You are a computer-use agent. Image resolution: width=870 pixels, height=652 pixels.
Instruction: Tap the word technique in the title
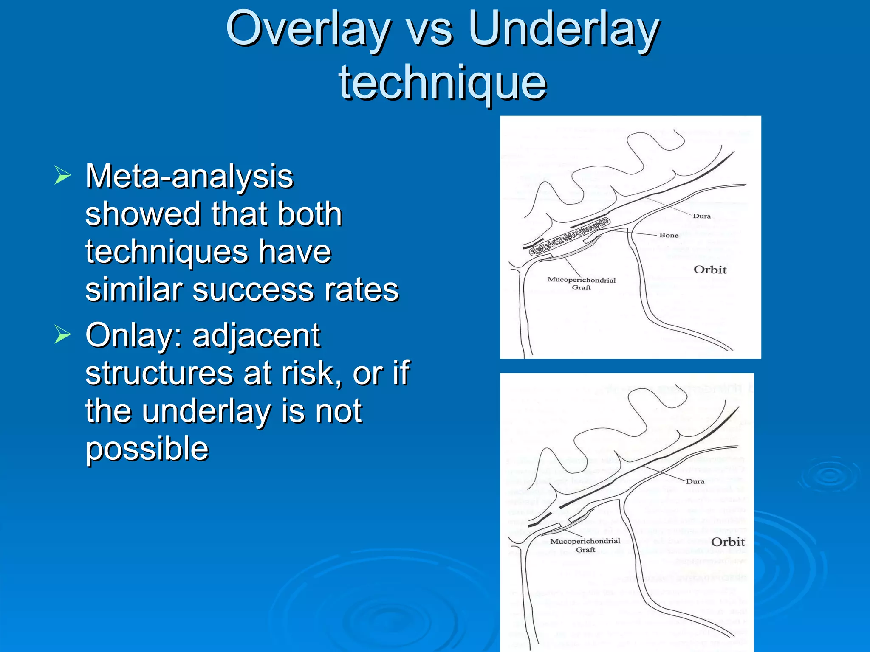pyautogui.click(x=442, y=83)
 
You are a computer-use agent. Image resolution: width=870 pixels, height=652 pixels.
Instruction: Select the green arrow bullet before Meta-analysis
pyautogui.click(x=62, y=176)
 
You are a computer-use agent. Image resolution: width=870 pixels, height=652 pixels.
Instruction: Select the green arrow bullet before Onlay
pyautogui.click(x=62, y=335)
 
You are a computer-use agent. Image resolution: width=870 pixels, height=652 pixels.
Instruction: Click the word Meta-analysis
pyautogui.click(x=189, y=176)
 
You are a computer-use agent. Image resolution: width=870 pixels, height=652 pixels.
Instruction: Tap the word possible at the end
pyautogui.click(x=147, y=449)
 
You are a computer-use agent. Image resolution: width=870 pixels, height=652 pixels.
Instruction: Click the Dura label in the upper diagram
pyautogui.click(x=702, y=216)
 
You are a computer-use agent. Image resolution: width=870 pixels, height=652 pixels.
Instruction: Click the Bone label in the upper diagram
pyautogui.click(x=669, y=235)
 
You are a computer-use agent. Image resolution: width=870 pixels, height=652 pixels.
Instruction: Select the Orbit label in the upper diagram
pyautogui.click(x=710, y=270)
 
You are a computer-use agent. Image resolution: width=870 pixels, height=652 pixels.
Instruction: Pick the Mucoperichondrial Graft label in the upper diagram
pyautogui.click(x=581, y=284)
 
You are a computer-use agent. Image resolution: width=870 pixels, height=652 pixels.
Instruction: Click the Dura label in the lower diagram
pyautogui.click(x=695, y=481)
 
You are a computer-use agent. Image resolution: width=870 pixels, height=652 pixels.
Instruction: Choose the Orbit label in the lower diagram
pyautogui.click(x=728, y=542)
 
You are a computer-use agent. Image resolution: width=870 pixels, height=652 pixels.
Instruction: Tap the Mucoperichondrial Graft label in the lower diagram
pyautogui.click(x=585, y=545)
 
